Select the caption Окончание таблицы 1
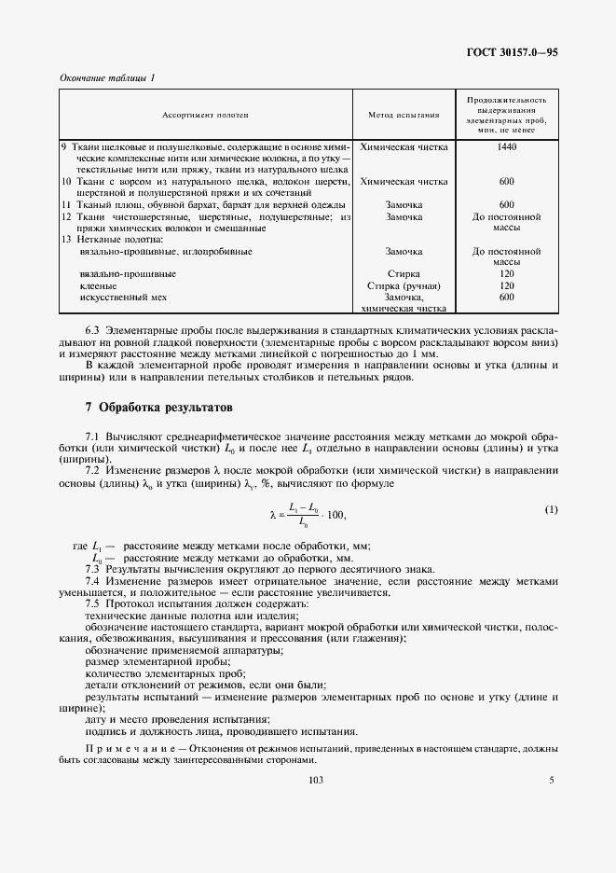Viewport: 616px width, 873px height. [x=107, y=76]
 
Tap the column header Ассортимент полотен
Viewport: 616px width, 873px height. [x=206, y=116]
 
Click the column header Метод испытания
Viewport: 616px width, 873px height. [x=404, y=116]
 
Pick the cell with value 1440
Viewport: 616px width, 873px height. [x=506, y=146]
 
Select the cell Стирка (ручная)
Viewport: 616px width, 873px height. [x=404, y=285]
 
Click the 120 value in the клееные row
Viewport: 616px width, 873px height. [x=506, y=285]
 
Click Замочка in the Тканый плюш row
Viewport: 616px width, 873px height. [x=404, y=204]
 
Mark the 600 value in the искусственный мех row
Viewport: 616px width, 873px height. [x=506, y=297]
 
